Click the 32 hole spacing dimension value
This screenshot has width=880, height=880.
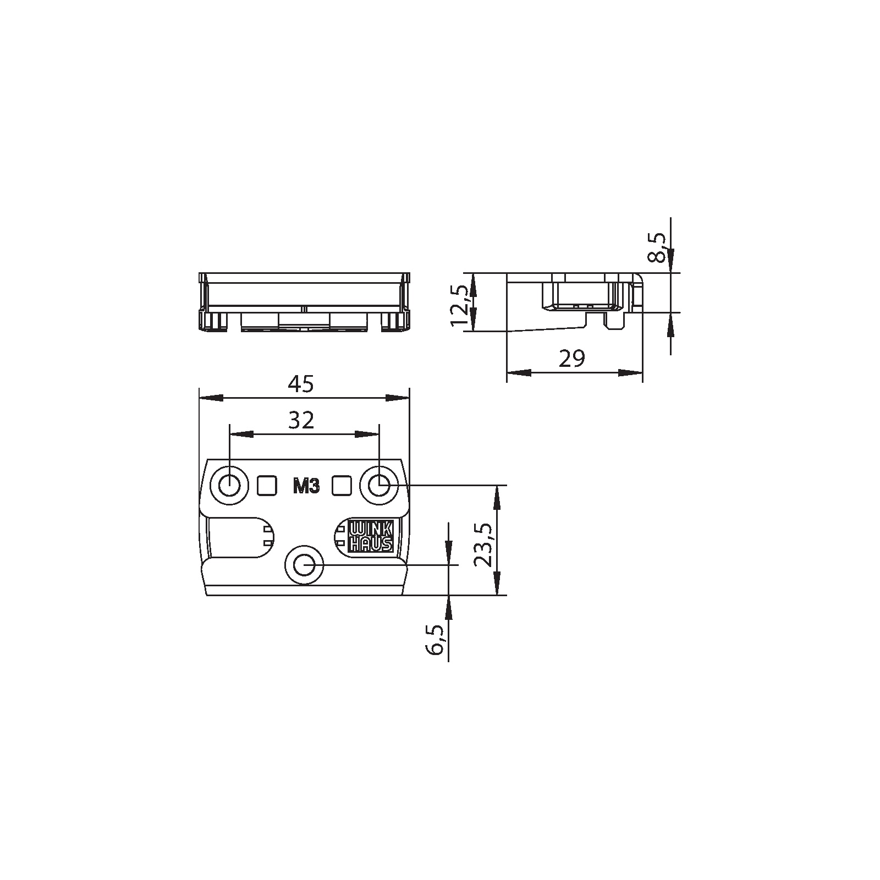[x=301, y=421]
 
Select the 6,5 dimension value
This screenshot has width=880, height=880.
[x=435, y=639]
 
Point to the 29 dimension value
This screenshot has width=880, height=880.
[x=572, y=359]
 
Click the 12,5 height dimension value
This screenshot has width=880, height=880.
[x=459, y=305]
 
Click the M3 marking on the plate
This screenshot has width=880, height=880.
[x=306, y=487]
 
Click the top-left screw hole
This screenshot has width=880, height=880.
[x=229, y=486]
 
